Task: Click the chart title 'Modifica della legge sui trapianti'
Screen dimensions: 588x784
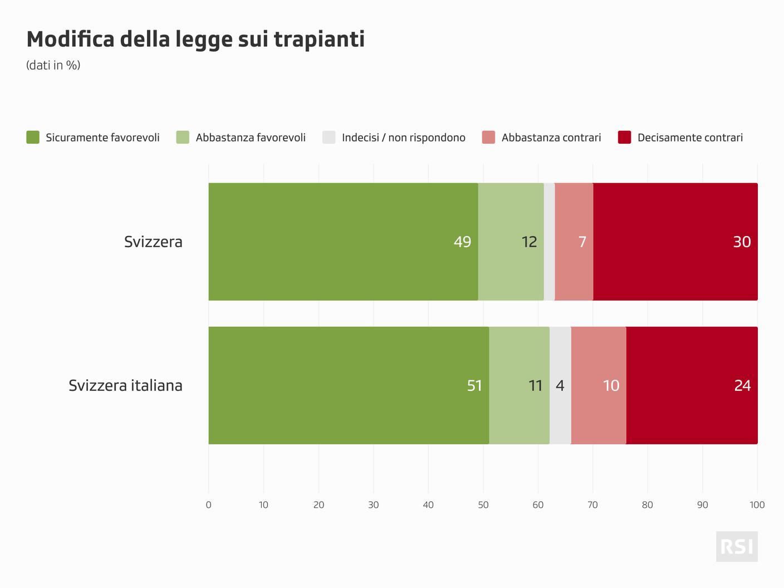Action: [x=195, y=40]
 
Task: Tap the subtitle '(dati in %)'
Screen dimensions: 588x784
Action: [x=53, y=65]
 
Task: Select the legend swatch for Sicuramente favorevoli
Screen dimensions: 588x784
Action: [x=33, y=138]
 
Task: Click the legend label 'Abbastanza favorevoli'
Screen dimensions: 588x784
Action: [x=251, y=138]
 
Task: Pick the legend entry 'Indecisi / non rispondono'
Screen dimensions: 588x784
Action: [x=403, y=138]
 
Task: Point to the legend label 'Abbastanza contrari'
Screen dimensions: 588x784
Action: [x=551, y=138]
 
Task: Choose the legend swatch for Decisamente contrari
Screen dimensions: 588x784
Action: [x=624, y=138]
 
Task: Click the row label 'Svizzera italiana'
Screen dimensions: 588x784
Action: [x=125, y=385]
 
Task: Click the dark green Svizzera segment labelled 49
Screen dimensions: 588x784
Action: [x=343, y=242]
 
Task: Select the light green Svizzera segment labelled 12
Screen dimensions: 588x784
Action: [x=511, y=242]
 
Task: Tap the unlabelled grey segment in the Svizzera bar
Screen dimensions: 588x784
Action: [x=549, y=242]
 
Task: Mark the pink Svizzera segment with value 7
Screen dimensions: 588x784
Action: [x=574, y=242]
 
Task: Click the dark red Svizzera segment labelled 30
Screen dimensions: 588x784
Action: [x=675, y=242]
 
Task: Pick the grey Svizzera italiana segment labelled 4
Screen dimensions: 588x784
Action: [x=560, y=385]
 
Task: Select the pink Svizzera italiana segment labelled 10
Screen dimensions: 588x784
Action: [x=599, y=385]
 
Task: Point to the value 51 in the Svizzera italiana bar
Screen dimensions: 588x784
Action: [x=474, y=385]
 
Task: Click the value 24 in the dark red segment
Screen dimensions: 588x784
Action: [x=742, y=385]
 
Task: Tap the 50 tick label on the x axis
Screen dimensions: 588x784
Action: [x=483, y=505]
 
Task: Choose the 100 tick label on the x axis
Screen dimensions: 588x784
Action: [x=757, y=505]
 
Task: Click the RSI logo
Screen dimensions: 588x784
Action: [x=737, y=546]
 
